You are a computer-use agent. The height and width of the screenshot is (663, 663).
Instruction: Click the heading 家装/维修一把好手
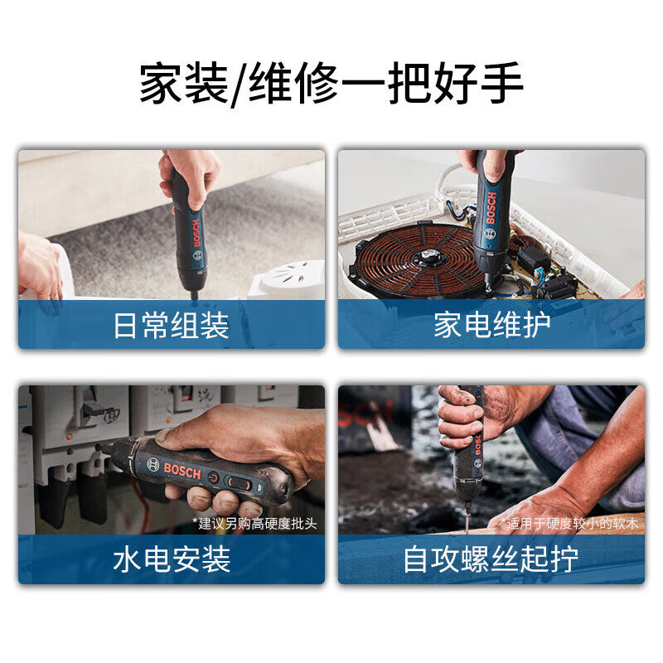[331, 85]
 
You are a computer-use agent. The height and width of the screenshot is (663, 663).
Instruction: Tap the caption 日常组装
[172, 326]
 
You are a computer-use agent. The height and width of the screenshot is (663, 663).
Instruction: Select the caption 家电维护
[491, 326]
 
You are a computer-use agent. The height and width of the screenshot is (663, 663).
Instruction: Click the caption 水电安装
[172, 560]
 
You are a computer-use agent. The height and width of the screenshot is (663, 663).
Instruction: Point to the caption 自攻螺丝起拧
[491, 560]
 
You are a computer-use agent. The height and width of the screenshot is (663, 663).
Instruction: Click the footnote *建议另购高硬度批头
[254, 524]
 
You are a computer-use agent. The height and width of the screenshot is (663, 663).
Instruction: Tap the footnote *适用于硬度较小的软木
[571, 524]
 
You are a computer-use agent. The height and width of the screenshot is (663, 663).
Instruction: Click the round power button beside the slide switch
[215, 477]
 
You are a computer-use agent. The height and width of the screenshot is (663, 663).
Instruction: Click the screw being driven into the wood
[467, 519]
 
